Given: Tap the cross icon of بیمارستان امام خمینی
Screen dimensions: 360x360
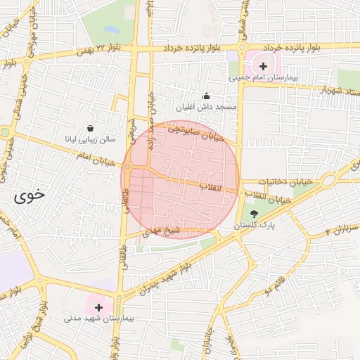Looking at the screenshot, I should point(263,65).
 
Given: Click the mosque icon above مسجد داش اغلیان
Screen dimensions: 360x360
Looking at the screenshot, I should point(205,96).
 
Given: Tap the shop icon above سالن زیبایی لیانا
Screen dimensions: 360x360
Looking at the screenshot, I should point(91,128).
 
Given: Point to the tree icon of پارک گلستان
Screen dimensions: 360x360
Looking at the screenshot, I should point(254,214).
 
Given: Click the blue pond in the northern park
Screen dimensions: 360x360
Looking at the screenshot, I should point(111,30).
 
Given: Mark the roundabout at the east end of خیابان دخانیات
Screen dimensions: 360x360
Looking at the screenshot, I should point(328,181).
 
